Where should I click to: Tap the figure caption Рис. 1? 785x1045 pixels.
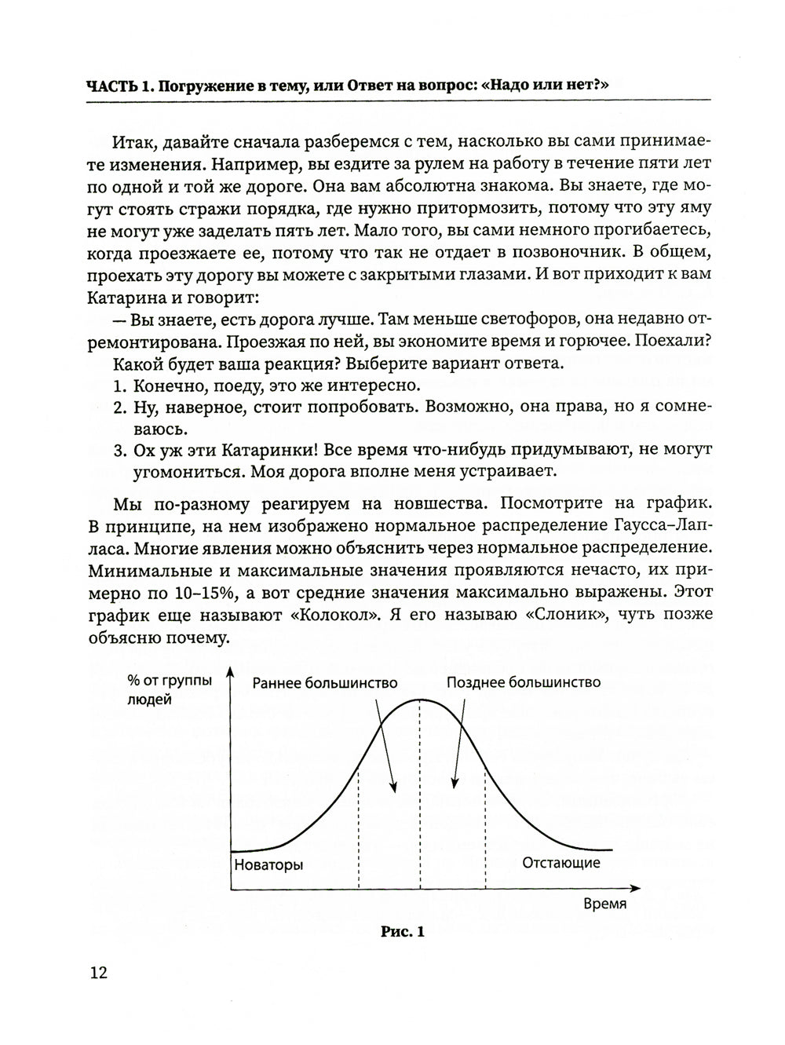[x=402, y=932]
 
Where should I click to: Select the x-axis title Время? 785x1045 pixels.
[x=605, y=903]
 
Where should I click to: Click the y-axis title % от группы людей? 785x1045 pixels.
[x=170, y=690]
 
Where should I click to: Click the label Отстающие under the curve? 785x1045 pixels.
[x=561, y=863]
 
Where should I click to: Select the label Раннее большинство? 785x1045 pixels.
[x=325, y=682]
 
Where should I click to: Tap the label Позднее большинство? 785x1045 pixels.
[x=524, y=682]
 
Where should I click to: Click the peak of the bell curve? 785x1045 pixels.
[x=421, y=700]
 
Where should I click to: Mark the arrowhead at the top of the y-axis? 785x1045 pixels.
[x=230, y=671]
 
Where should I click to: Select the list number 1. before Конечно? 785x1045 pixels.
[x=119, y=386]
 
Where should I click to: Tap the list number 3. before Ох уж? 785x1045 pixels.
[x=119, y=450]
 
